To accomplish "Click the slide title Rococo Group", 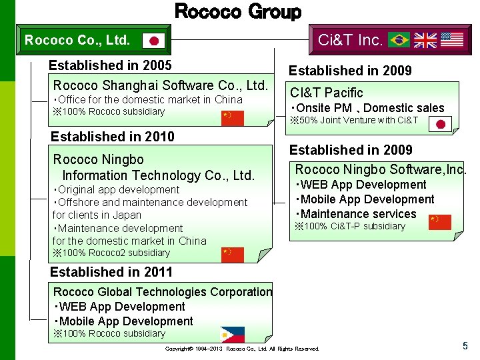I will point(237,11).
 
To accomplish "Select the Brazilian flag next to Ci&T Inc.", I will point(399,40).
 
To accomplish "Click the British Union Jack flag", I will point(425,40).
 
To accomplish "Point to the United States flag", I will point(452,39).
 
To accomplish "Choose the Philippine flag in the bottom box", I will point(233,334).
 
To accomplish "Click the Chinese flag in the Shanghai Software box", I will point(233,118).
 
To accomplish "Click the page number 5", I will point(465,345).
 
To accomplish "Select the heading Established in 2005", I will point(110,65).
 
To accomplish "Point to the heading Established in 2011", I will point(111,272).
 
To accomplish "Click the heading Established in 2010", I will point(113,137).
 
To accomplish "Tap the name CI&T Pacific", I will point(326,93).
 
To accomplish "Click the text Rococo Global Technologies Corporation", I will point(163,292).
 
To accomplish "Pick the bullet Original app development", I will point(116,190).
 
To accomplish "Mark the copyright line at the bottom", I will point(242,349).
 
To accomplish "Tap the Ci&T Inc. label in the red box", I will point(350,40).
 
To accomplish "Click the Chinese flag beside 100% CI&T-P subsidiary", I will point(439,222).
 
